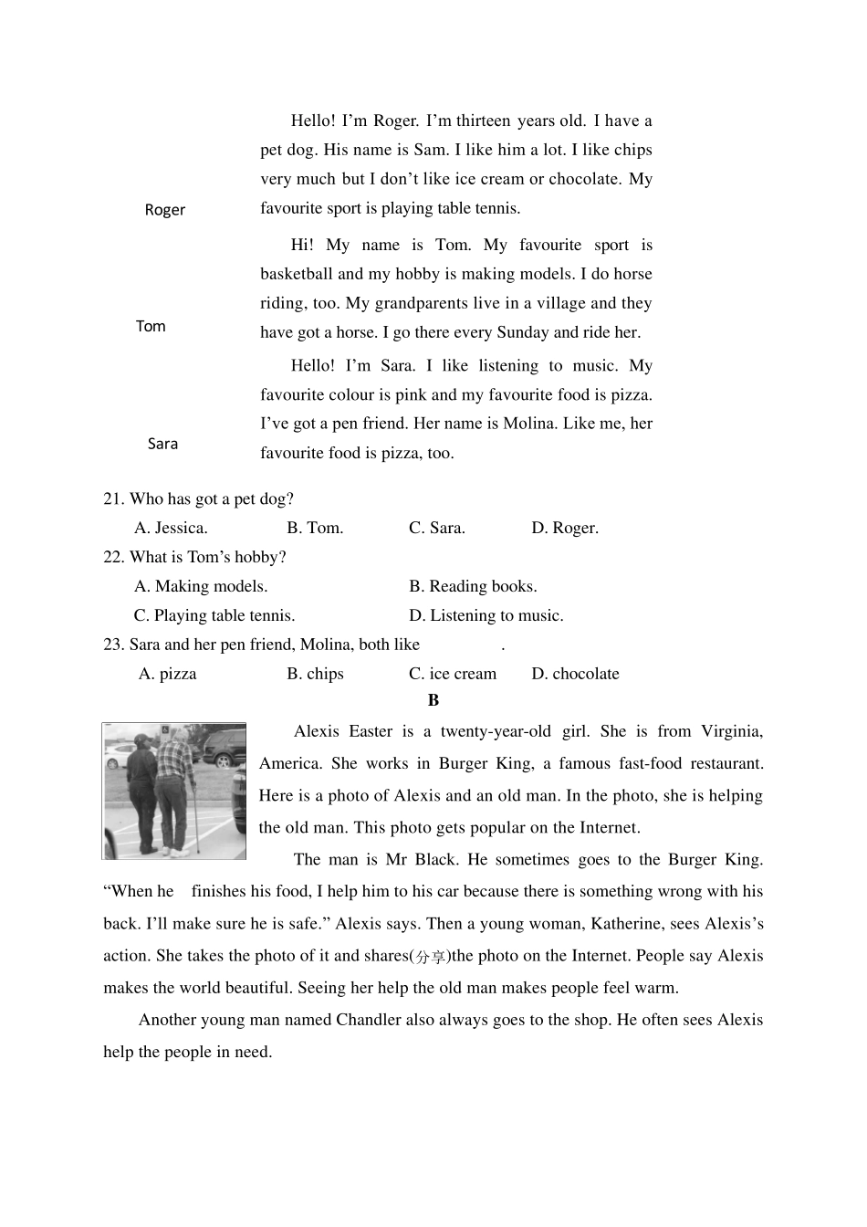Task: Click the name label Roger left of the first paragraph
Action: click(x=164, y=210)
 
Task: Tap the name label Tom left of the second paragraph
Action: click(x=151, y=327)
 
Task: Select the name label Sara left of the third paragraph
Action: click(x=162, y=444)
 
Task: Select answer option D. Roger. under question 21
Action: click(x=565, y=528)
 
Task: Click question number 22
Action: click(x=113, y=557)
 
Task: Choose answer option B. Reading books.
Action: click(x=473, y=586)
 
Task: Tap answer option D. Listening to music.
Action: click(x=486, y=615)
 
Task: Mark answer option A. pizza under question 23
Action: click(x=167, y=674)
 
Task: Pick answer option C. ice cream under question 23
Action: click(x=453, y=674)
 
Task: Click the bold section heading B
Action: click(x=433, y=700)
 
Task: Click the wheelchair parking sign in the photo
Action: click(x=165, y=730)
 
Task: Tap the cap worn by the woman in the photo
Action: click(x=142, y=739)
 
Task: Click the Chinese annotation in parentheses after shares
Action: click(x=431, y=957)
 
